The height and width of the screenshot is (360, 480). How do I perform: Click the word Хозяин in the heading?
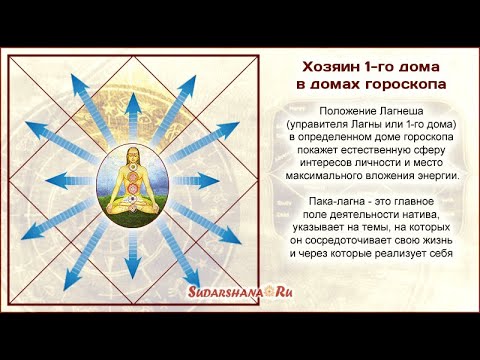pyautogui.click(x=329, y=66)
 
